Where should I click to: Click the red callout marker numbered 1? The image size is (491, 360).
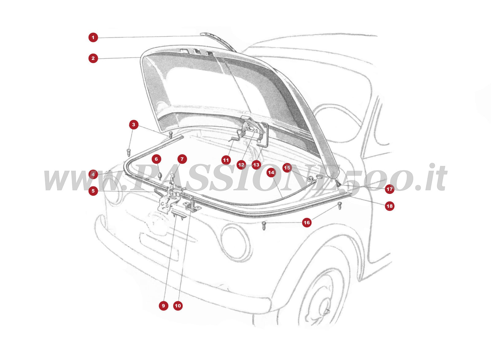point(93,38)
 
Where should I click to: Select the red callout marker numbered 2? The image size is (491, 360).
point(93,58)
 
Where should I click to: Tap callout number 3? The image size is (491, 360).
point(133,125)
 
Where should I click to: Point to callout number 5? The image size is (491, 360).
point(93,191)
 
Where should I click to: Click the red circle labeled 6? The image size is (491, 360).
point(156,159)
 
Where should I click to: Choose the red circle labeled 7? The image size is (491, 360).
point(182,159)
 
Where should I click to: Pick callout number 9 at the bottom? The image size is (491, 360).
point(163,306)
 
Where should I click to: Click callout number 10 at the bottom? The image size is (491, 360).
point(178,306)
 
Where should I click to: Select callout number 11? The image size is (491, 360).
point(226,160)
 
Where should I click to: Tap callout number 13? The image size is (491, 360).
point(256,165)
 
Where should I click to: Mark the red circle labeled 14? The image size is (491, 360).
point(271,172)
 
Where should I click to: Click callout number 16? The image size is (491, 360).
point(307,223)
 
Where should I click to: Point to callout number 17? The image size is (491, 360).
point(389,189)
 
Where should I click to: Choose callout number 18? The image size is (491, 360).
point(389,206)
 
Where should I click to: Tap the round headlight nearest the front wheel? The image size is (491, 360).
point(235,242)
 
